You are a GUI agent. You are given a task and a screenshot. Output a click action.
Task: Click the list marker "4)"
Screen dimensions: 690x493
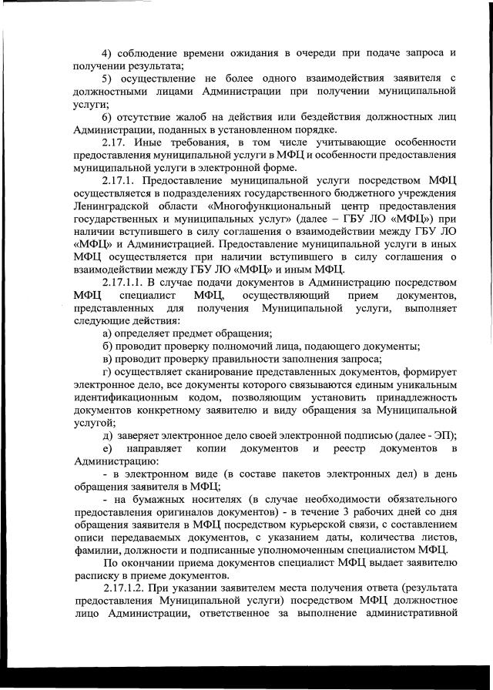pyautogui.click(x=107, y=52)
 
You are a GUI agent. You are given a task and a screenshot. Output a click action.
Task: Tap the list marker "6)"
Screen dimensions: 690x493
pyautogui.click(x=107, y=116)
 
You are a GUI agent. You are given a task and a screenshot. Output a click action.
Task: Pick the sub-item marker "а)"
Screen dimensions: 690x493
pyautogui.click(x=108, y=332)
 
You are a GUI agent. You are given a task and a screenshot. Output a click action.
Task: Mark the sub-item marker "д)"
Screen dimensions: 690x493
pyautogui.click(x=108, y=434)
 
